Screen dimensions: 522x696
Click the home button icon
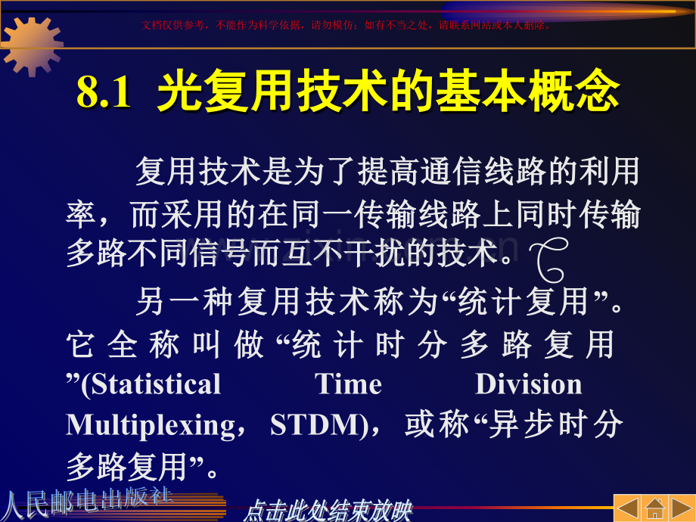click(655, 508)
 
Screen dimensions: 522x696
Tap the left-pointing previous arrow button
click(627, 508)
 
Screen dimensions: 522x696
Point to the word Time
click(349, 384)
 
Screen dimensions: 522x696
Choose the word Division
click(528, 384)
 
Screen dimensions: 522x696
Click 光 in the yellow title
click(176, 93)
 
